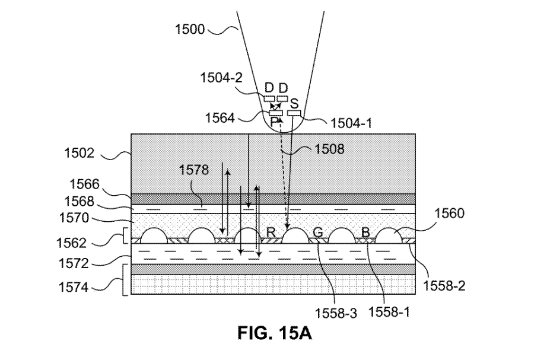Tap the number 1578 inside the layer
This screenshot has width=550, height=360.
[x=194, y=170]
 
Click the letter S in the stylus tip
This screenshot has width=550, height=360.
[x=294, y=103]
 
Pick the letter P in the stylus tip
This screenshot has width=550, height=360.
[x=274, y=121]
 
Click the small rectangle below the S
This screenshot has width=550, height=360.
[x=294, y=113]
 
